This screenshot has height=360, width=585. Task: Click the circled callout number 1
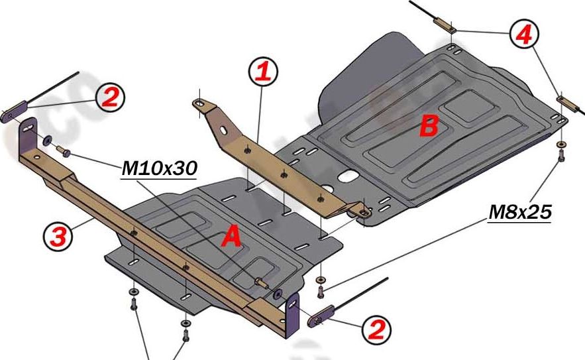click(x=263, y=72)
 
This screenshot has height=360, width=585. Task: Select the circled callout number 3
click(x=58, y=236)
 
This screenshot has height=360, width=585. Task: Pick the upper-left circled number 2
click(x=110, y=97)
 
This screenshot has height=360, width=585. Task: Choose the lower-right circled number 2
click(x=375, y=329)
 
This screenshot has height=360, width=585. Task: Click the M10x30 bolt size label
click(x=159, y=170)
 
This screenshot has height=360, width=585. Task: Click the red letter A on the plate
click(x=231, y=237)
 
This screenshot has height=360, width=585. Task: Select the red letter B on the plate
click(x=429, y=126)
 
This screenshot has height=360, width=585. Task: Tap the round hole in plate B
click(x=346, y=177)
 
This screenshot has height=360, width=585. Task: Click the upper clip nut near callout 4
click(x=443, y=27)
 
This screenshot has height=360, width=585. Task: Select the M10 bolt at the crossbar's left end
click(x=65, y=152)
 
